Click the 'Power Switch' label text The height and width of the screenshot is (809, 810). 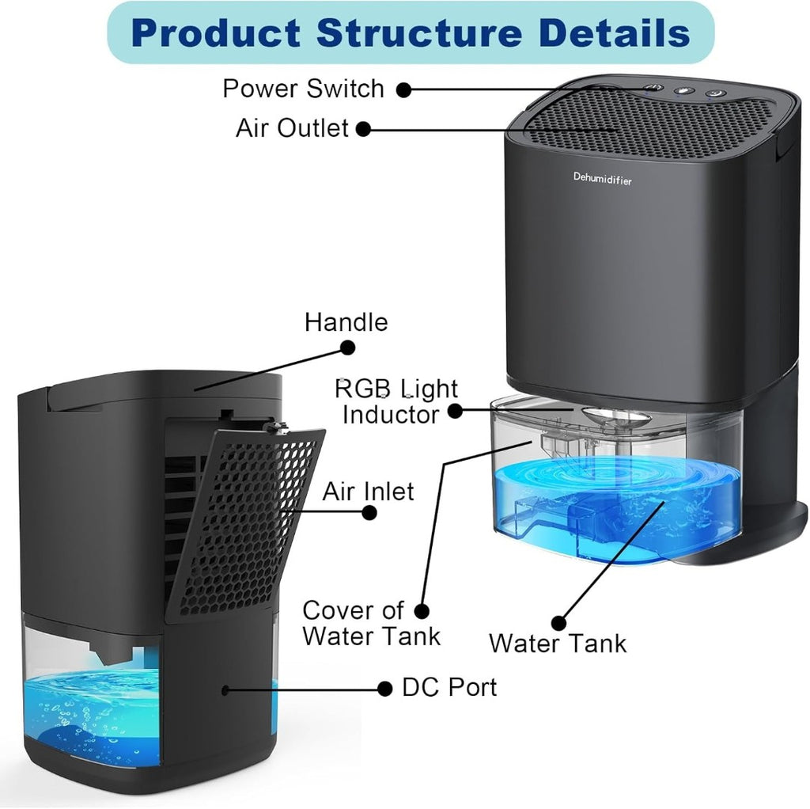pos(303,89)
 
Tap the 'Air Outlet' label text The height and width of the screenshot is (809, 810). pos(292,127)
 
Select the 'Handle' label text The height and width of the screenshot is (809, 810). pos(346,322)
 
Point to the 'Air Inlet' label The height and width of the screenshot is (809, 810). pos(368,491)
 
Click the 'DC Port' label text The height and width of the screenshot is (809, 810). pos(449,687)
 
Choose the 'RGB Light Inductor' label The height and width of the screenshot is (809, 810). pos(396,401)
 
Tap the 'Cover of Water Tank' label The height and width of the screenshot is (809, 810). pos(371,623)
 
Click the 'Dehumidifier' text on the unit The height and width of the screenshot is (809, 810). pos(602,179)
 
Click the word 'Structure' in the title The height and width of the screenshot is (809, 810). pos(419,33)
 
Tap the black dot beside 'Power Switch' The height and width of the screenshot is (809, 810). pos(404,89)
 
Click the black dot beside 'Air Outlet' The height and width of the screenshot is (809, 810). pos(363,129)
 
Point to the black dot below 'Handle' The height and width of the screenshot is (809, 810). pos(348,348)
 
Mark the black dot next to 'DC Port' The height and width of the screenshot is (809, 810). pos(385,689)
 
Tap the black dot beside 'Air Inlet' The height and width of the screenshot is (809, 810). pos(369,513)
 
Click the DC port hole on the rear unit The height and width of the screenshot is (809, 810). pos(225,689)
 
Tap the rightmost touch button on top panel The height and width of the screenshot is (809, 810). pos(715,93)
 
